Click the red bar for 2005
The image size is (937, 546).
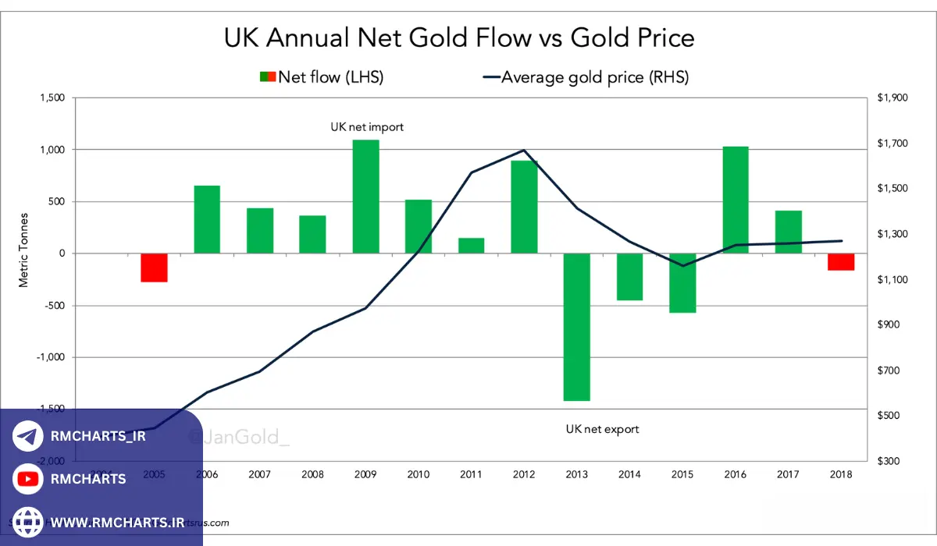pos(154,268)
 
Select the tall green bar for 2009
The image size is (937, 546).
pos(365,197)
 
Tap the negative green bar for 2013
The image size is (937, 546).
pos(577,327)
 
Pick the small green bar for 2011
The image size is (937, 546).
pos(471,246)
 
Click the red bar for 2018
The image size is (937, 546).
pos(841,261)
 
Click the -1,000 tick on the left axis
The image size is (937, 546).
pos(51,357)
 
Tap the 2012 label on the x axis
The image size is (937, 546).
pos(524,474)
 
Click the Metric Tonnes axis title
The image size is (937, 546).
pos(23,250)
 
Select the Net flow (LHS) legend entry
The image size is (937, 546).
pos(322,77)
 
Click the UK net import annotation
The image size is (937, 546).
pos(367,127)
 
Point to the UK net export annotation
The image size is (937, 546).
pos(602,429)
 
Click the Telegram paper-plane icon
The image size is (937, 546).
pos(28,436)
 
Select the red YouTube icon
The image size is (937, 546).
pos(28,479)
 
